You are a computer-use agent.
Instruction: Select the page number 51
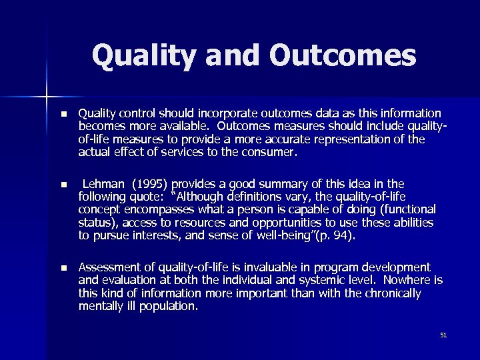point(443,335)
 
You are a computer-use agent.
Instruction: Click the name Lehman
point(106,183)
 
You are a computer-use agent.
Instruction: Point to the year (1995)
point(155,183)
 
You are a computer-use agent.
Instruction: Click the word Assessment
point(109,267)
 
